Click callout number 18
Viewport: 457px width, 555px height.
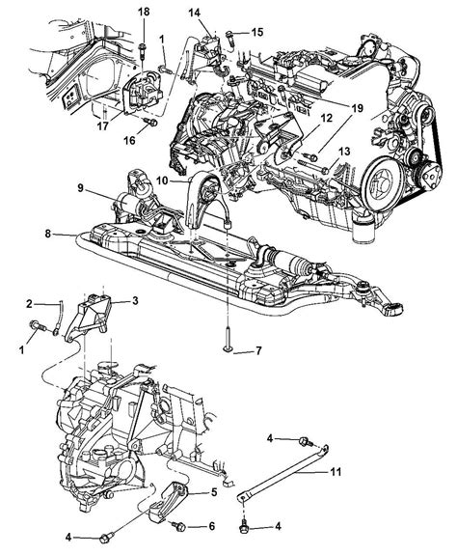(144, 12)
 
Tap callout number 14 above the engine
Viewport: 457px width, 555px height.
(194, 13)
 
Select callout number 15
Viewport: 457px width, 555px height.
(257, 32)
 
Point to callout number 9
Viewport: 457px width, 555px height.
(81, 188)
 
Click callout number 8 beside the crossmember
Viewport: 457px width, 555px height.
(48, 234)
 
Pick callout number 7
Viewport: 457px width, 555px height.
(258, 350)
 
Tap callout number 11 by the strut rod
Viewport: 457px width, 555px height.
(336, 472)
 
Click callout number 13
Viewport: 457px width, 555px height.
(344, 152)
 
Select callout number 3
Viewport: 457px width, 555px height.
(135, 301)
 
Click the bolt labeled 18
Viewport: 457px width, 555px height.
(142, 50)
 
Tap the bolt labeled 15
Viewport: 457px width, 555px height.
(229, 38)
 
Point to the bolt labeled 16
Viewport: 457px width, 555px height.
(151, 123)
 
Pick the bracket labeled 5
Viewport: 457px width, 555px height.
(168, 501)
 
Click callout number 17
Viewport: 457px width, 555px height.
(103, 126)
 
